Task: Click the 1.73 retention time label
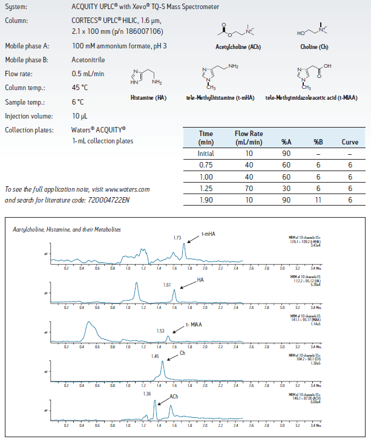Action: click(177, 238)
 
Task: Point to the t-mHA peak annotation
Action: click(209, 233)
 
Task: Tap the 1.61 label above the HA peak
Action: click(168, 284)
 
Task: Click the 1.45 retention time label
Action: click(156, 356)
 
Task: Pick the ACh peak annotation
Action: click(174, 397)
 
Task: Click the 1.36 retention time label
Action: click(148, 394)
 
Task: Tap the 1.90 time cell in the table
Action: click(206, 200)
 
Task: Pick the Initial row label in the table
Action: click(206, 154)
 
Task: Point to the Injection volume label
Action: click(30, 115)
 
